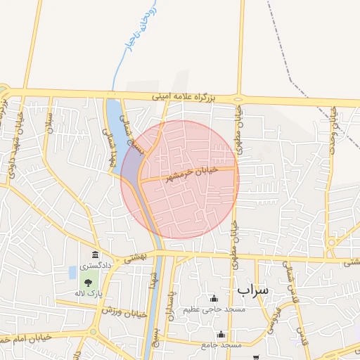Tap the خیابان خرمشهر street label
[x=191, y=174]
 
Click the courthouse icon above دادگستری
[x=95, y=255]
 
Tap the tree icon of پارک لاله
[x=88, y=283]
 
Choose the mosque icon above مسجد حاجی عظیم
[x=214, y=299]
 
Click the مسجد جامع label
[x=221, y=345]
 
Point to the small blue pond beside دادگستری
[x=72, y=271]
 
